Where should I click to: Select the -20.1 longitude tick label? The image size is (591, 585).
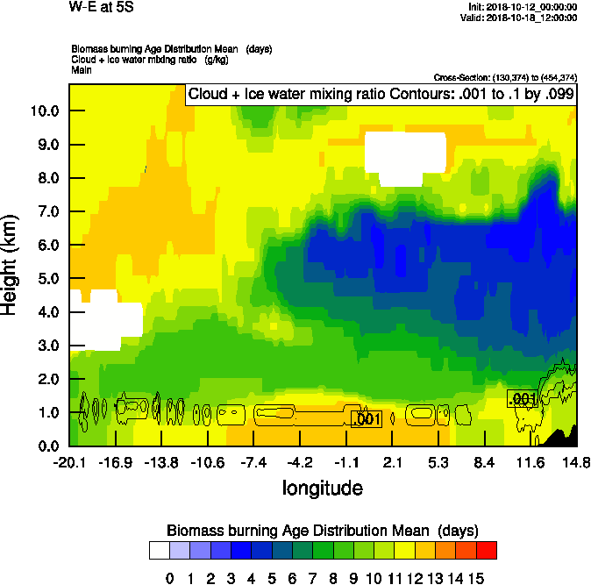coord(68,462)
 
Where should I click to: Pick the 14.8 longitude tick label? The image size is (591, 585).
coord(575,462)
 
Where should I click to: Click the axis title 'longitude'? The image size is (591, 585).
coord(322,487)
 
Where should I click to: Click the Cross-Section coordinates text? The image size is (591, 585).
coord(505,77)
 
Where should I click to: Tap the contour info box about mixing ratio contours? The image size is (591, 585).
coord(381,95)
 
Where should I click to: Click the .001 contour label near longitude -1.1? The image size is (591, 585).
coord(366,420)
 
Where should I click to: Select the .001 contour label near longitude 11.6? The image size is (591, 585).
coord(522,399)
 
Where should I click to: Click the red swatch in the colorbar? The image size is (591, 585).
coord(487,550)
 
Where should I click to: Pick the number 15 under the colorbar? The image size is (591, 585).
coord(475,578)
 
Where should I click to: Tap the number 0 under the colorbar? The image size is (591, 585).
coord(170,578)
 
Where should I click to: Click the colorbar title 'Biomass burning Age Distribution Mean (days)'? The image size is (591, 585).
coord(322,531)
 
